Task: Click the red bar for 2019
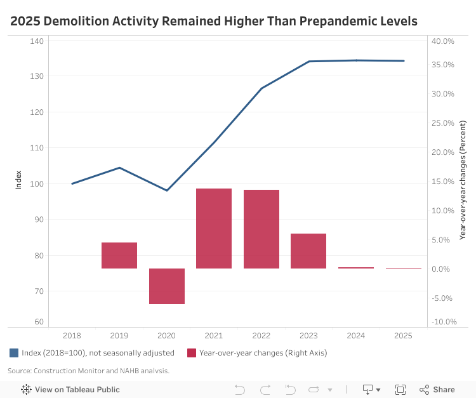119,255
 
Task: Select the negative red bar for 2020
167,286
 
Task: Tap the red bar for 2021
214,229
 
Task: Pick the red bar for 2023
308,251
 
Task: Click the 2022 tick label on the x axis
261,336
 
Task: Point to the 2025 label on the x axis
403,336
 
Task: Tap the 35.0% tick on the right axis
443,65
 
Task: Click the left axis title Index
18,180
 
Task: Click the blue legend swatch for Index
14,353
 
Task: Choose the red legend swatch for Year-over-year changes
192,353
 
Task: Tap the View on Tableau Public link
70,390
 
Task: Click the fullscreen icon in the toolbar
400,390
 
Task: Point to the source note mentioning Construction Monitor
89,371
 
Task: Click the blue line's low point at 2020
167,190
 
